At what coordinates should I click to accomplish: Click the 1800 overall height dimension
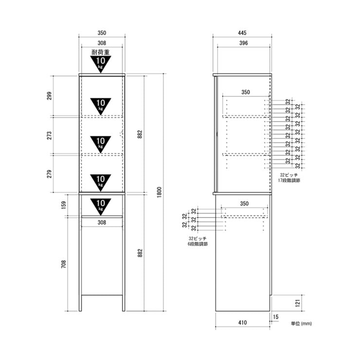(x=160, y=192)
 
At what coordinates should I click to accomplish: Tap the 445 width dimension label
(x=242, y=33)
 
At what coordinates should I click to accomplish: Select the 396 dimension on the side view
(x=243, y=43)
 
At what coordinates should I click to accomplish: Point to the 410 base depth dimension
(x=242, y=323)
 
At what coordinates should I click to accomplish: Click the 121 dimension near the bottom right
(x=298, y=303)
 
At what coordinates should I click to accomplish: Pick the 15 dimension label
(x=275, y=317)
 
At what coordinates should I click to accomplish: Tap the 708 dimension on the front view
(x=64, y=264)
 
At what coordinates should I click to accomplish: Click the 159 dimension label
(x=64, y=205)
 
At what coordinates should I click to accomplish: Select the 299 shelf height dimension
(x=49, y=96)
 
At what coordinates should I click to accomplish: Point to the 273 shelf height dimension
(x=49, y=135)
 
